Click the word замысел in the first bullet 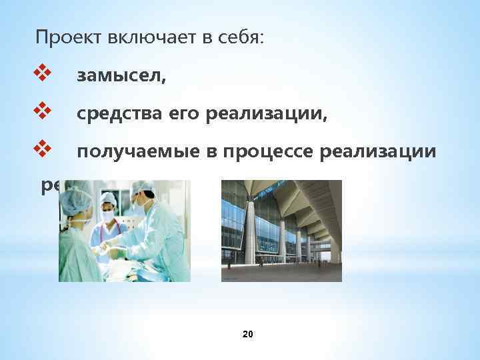(x=121, y=77)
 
